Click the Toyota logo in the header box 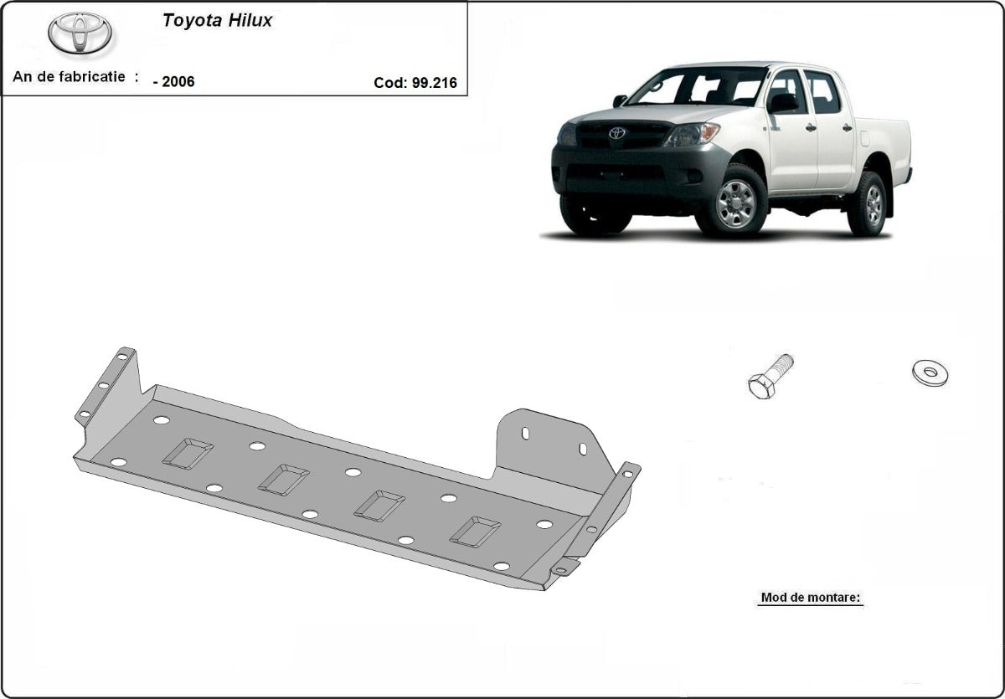click(x=80, y=33)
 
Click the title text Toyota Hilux click(x=217, y=21)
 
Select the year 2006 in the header click(x=174, y=82)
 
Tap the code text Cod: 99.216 click(x=415, y=82)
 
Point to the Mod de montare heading click(x=810, y=598)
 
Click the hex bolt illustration click(x=770, y=377)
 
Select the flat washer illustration click(x=930, y=373)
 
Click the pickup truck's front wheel click(x=735, y=203)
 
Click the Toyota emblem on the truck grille click(x=617, y=133)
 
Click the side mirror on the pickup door click(x=784, y=102)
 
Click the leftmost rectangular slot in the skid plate click(x=188, y=453)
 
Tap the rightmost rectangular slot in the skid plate click(x=475, y=532)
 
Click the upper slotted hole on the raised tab click(x=525, y=433)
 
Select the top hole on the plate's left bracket click(x=122, y=357)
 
